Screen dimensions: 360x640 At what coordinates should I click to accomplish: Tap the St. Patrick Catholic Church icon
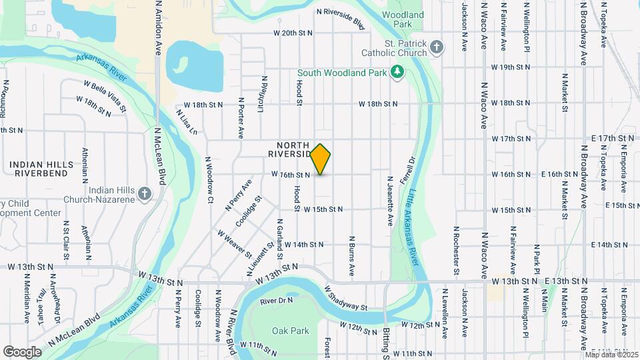(x=436, y=47)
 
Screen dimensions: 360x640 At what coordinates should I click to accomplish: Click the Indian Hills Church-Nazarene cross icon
(x=145, y=193)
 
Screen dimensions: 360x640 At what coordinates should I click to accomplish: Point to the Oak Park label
(x=291, y=331)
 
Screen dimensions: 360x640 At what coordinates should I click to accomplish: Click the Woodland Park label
(x=403, y=19)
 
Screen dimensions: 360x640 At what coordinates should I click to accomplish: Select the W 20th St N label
(x=293, y=33)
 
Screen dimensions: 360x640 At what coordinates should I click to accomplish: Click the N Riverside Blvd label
(x=341, y=19)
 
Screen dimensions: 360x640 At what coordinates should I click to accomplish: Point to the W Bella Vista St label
(x=105, y=95)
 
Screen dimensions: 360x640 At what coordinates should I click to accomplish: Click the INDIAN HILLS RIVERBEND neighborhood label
(x=38, y=168)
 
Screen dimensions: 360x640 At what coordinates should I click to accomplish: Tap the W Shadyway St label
(x=346, y=298)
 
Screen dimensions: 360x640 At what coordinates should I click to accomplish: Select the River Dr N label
(x=276, y=301)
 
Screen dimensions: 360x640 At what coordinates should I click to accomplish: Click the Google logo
(x=22, y=351)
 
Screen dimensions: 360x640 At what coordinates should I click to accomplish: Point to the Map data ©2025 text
(x=611, y=354)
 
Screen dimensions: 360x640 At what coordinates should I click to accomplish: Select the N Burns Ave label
(x=351, y=255)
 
